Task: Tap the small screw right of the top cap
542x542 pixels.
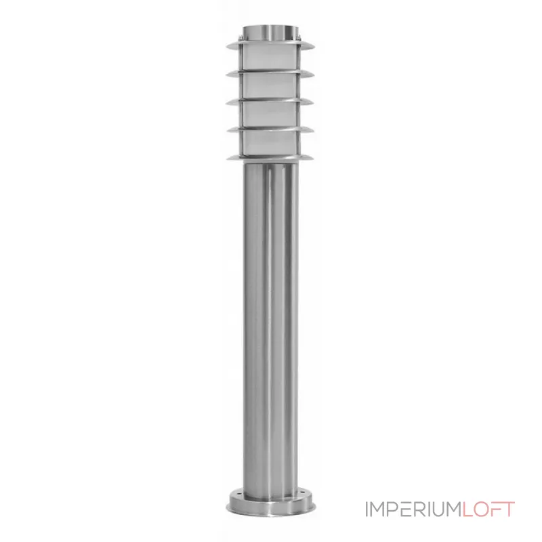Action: click(x=300, y=35)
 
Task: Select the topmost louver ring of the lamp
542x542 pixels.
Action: click(x=270, y=46)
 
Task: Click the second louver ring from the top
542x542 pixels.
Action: click(x=270, y=74)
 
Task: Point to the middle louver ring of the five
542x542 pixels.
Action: click(x=270, y=102)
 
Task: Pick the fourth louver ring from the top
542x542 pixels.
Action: click(x=270, y=131)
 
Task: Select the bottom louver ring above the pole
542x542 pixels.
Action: click(x=270, y=159)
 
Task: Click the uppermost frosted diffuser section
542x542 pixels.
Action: click(x=270, y=60)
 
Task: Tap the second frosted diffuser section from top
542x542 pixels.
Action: click(x=270, y=88)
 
